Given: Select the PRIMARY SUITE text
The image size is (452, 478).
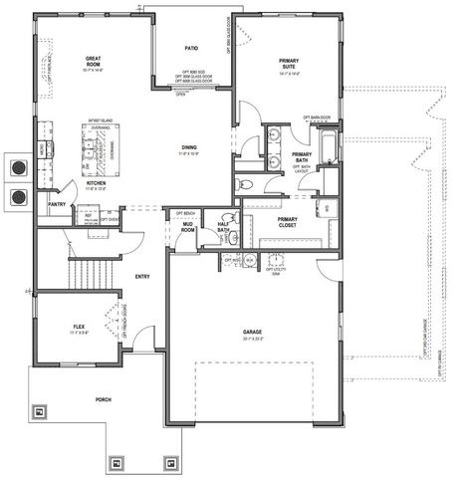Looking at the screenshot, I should [289, 64].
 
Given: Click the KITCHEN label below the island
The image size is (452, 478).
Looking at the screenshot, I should [96, 183].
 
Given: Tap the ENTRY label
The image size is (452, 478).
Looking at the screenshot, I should [141, 276].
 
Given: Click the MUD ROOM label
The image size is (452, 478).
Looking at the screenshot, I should [186, 230].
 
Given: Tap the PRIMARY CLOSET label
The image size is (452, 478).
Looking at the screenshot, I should [288, 222].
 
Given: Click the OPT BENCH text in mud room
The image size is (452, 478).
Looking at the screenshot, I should [186, 213].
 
